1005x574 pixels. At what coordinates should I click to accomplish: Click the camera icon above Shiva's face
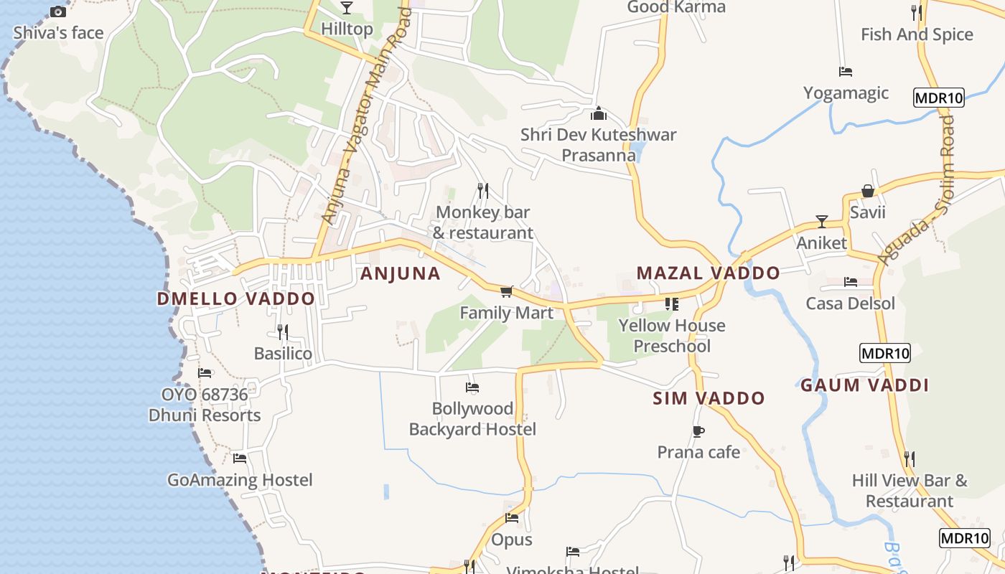[x=58, y=11]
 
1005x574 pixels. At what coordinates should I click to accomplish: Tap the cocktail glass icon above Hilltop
[x=347, y=8]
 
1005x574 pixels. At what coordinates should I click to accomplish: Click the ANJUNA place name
[x=400, y=273]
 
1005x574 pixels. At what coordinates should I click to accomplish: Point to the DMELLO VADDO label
[x=235, y=299]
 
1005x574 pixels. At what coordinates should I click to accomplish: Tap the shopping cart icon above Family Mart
[x=507, y=291]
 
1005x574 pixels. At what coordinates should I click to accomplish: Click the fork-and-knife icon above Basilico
[x=283, y=331]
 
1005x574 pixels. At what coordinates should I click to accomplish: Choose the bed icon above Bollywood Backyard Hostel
[x=472, y=387]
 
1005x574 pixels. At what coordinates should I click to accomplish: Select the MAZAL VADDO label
[x=708, y=273]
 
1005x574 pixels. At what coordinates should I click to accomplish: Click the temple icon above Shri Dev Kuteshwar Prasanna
[x=599, y=113]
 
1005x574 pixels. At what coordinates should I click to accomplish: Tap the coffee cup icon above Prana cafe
[x=698, y=431]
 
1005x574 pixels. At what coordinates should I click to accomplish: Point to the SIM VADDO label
[x=709, y=399]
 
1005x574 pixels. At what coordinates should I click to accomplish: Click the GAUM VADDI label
[x=864, y=385]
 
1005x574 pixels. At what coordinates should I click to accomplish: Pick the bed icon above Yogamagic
[x=846, y=72]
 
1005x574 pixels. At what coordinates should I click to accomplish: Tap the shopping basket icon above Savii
[x=868, y=191]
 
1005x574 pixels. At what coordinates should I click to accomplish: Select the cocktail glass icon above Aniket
[x=822, y=222]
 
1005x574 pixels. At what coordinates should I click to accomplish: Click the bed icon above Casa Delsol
[x=851, y=282]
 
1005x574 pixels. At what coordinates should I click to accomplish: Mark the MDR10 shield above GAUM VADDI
[x=884, y=353]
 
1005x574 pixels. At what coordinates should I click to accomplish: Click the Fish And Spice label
[x=917, y=34]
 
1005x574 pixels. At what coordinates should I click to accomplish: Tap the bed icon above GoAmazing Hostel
[x=240, y=458]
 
